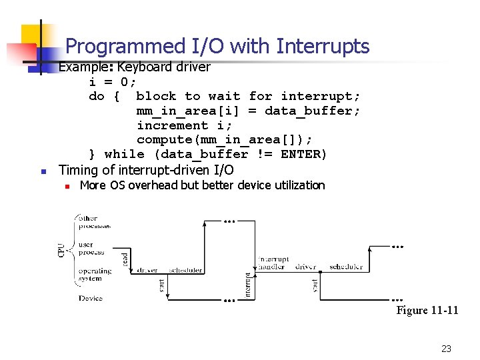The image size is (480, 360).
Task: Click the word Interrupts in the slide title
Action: (x=323, y=46)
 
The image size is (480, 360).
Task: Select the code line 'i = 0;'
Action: (x=113, y=81)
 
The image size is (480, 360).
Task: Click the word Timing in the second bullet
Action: (x=79, y=171)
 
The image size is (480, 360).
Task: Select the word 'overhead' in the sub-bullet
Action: (x=153, y=185)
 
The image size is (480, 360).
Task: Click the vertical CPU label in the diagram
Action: (x=62, y=250)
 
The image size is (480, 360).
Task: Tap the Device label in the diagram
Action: (x=91, y=298)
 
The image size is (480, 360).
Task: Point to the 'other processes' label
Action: (x=95, y=222)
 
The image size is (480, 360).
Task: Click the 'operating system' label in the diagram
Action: (x=95, y=275)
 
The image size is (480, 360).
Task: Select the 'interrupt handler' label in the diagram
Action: (x=275, y=263)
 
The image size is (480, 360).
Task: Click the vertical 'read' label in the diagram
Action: (x=125, y=259)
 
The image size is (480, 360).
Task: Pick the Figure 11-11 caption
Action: (x=427, y=310)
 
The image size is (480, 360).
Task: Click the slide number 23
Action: (x=446, y=348)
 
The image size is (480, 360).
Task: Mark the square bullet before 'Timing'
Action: (x=42, y=172)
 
